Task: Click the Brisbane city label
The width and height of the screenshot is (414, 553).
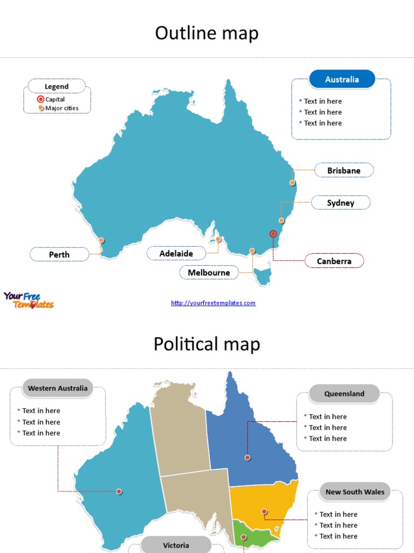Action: pyautogui.click(x=343, y=171)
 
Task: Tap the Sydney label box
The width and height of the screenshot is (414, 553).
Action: pyautogui.click(x=341, y=203)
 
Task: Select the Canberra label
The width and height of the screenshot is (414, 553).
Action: pyautogui.click(x=334, y=261)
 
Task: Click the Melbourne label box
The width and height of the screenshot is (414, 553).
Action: pyautogui.click(x=209, y=273)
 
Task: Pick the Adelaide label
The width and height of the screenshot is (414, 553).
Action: pyautogui.click(x=176, y=253)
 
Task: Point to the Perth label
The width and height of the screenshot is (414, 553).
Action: pyautogui.click(x=59, y=254)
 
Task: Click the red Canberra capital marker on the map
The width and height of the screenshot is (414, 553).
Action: pyautogui.click(x=273, y=234)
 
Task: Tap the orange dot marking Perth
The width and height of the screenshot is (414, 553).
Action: pyautogui.click(x=101, y=240)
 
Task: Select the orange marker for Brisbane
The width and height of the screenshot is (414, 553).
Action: pyautogui.click(x=292, y=183)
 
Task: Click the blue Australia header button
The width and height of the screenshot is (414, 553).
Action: pyautogui.click(x=342, y=79)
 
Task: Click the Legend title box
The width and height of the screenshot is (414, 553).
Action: pyautogui.click(x=57, y=86)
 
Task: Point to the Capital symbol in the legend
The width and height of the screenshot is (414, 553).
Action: pyautogui.click(x=40, y=99)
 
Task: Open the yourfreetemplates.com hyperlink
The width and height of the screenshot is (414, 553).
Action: pyautogui.click(x=213, y=303)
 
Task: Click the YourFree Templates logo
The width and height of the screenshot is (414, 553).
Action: pyautogui.click(x=29, y=300)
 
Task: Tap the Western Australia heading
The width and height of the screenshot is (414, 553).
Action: pyautogui.click(x=58, y=388)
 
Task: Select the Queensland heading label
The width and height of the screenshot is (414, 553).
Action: pyautogui.click(x=344, y=394)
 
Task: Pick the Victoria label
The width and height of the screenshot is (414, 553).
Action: pyautogui.click(x=176, y=545)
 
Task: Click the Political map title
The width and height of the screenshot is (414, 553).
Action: pyautogui.click(x=207, y=344)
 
